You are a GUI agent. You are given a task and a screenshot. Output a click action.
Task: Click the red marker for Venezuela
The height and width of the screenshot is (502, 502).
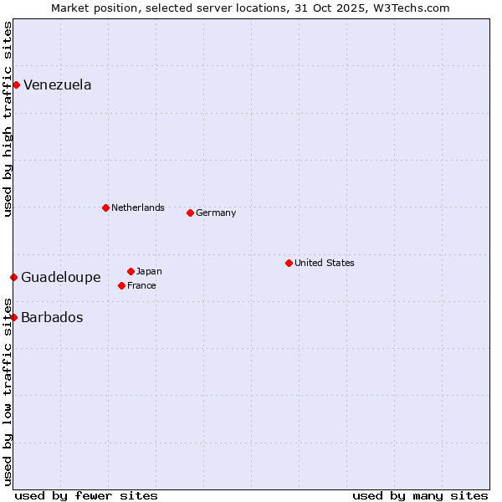click(x=16, y=85)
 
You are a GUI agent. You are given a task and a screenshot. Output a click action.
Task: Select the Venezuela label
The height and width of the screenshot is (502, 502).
click(x=57, y=85)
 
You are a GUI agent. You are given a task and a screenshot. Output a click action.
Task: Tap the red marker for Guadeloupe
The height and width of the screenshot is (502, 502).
click(x=13, y=277)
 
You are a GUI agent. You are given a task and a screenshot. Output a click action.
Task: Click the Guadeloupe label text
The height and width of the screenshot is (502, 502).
click(x=60, y=278)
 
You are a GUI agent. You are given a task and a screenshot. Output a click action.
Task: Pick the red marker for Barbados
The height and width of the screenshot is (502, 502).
click(x=13, y=317)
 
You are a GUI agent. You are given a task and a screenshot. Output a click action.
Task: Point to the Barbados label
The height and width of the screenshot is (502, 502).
click(x=52, y=318)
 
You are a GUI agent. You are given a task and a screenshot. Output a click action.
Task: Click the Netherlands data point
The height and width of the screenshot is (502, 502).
click(x=105, y=207)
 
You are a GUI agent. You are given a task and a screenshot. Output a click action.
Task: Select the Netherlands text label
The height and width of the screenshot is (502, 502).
click(x=137, y=207)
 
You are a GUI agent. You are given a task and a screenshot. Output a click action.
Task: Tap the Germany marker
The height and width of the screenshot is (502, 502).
click(x=190, y=213)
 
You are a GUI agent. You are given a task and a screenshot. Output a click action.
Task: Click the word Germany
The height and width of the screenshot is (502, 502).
click(x=216, y=213)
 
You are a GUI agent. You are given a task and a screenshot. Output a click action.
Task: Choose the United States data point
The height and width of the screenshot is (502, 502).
click(x=289, y=263)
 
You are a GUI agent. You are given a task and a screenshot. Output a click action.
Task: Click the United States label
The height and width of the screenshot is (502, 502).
click(x=324, y=263)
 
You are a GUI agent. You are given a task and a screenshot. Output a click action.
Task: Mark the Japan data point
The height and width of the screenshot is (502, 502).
click(x=131, y=271)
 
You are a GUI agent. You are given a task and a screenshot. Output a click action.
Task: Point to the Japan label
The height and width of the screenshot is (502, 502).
click(x=149, y=271)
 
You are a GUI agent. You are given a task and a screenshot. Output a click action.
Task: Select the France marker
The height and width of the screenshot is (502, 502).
click(x=121, y=285)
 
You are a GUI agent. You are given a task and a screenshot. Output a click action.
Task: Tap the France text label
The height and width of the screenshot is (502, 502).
click(x=141, y=285)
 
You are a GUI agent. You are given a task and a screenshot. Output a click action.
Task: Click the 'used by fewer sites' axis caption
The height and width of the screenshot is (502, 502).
click(x=86, y=495)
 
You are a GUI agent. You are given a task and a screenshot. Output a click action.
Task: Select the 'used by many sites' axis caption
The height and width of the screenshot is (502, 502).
click(x=420, y=495)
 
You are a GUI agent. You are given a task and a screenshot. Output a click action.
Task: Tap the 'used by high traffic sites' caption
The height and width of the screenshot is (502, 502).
click(x=8, y=119)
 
